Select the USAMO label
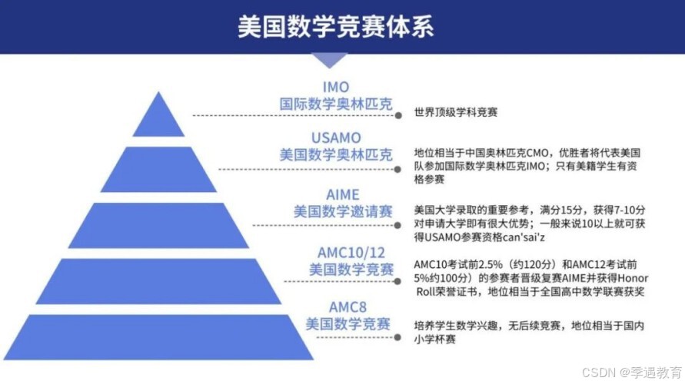(336, 138)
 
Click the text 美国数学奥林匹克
(336, 154)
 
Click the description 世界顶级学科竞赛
(456, 112)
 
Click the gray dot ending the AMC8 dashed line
(398, 336)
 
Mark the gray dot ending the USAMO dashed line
(398, 170)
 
